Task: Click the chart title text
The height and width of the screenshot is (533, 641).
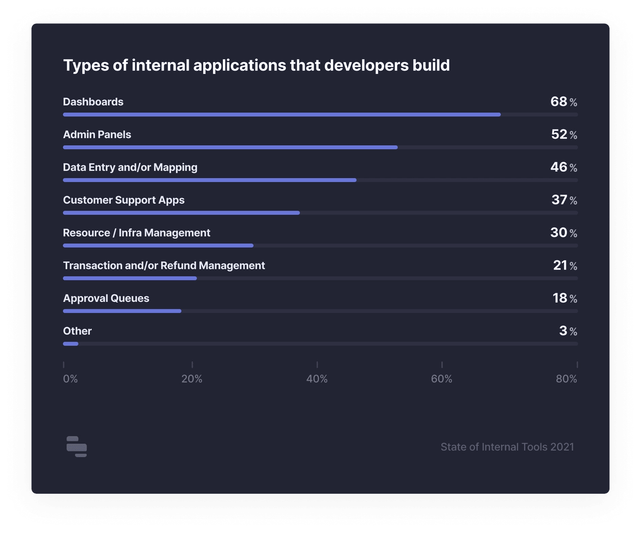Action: [x=256, y=65]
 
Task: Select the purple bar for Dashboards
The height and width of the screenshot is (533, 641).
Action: [x=282, y=114]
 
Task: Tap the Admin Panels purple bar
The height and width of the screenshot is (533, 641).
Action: [x=230, y=147]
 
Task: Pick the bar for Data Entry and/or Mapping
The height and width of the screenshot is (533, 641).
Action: [x=210, y=180]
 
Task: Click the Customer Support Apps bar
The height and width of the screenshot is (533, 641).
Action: [x=181, y=213]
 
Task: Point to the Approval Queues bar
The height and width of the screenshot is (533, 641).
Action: [x=122, y=311]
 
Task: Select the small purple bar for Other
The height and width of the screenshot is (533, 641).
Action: [x=71, y=344]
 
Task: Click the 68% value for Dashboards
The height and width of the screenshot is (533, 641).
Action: [x=564, y=102]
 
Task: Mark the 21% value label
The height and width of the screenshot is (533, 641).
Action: [x=565, y=265]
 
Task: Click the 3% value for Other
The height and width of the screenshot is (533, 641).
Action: [x=568, y=331]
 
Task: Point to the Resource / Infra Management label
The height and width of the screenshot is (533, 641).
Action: [x=136, y=233]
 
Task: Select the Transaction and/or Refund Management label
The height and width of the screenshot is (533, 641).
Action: [x=164, y=266]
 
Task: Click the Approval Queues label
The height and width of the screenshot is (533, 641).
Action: [x=106, y=298]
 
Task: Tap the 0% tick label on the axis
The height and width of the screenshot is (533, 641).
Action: [x=71, y=379]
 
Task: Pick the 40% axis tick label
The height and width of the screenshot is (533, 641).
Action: [x=317, y=379]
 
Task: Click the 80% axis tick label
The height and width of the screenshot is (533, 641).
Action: [x=566, y=379]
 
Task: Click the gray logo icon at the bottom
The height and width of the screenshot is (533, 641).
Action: [x=76, y=447]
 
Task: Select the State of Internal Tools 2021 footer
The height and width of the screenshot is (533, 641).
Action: [x=507, y=447]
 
